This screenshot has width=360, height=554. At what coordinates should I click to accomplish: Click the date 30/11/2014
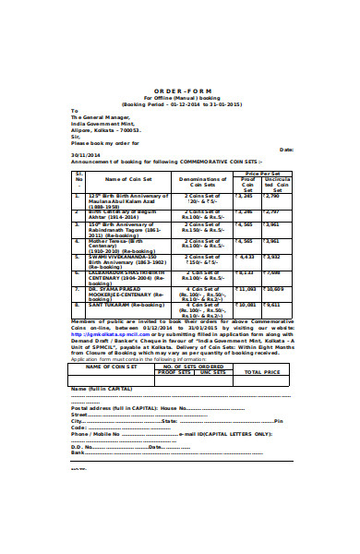click(x=86, y=156)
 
